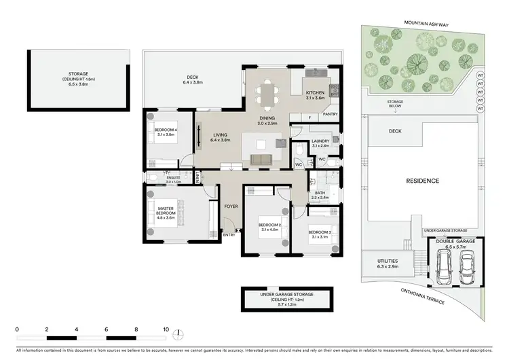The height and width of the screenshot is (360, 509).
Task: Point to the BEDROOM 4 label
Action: coord(166,130)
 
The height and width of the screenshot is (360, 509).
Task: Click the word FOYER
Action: coord(231,204)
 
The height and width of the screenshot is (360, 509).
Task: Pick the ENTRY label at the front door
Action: coord(229,235)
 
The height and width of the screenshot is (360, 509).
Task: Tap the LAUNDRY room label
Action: coord(320,141)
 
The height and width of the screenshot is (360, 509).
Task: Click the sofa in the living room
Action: coord(261,159)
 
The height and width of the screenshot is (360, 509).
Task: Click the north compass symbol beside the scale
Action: coord(178,334)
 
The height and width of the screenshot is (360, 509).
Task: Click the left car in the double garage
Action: coord(445,268)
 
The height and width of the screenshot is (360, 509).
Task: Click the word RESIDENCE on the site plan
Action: coord(423,181)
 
